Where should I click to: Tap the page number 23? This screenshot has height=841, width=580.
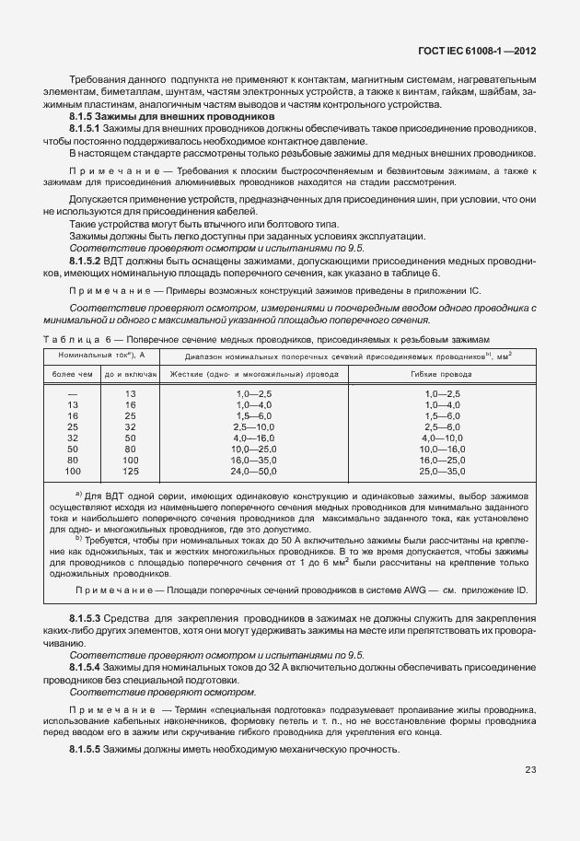point(530,770)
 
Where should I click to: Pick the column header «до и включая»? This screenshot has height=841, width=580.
point(131,375)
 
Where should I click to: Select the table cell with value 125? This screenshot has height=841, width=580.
point(131,471)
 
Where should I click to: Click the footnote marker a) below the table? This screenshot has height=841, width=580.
point(78,495)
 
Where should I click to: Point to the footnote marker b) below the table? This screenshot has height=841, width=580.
point(78,536)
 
